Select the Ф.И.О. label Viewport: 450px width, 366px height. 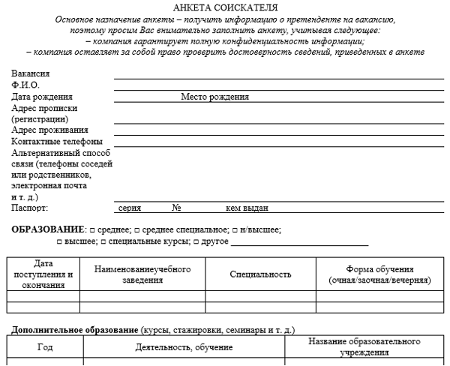click(25, 85)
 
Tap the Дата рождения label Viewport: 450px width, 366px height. click(42, 97)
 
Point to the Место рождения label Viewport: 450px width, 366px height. click(214, 97)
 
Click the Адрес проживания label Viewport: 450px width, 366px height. click(47, 130)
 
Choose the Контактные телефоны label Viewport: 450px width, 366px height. click(57, 141)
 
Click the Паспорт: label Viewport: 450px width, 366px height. click(30, 208)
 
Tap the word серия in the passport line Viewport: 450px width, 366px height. click(130, 208)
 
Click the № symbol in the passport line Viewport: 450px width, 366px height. click(178, 208)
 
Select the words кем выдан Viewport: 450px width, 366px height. click(247, 208)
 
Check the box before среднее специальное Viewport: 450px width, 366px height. click(136, 229)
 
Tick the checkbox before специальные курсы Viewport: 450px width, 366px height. click(103, 242)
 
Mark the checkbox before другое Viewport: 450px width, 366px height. click(196, 242)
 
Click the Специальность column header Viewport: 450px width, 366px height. click(260, 274)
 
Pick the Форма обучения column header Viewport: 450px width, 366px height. click(379, 274)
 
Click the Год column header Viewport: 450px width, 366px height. click(45, 347)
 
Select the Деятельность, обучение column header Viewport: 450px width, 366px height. click(184, 347)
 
